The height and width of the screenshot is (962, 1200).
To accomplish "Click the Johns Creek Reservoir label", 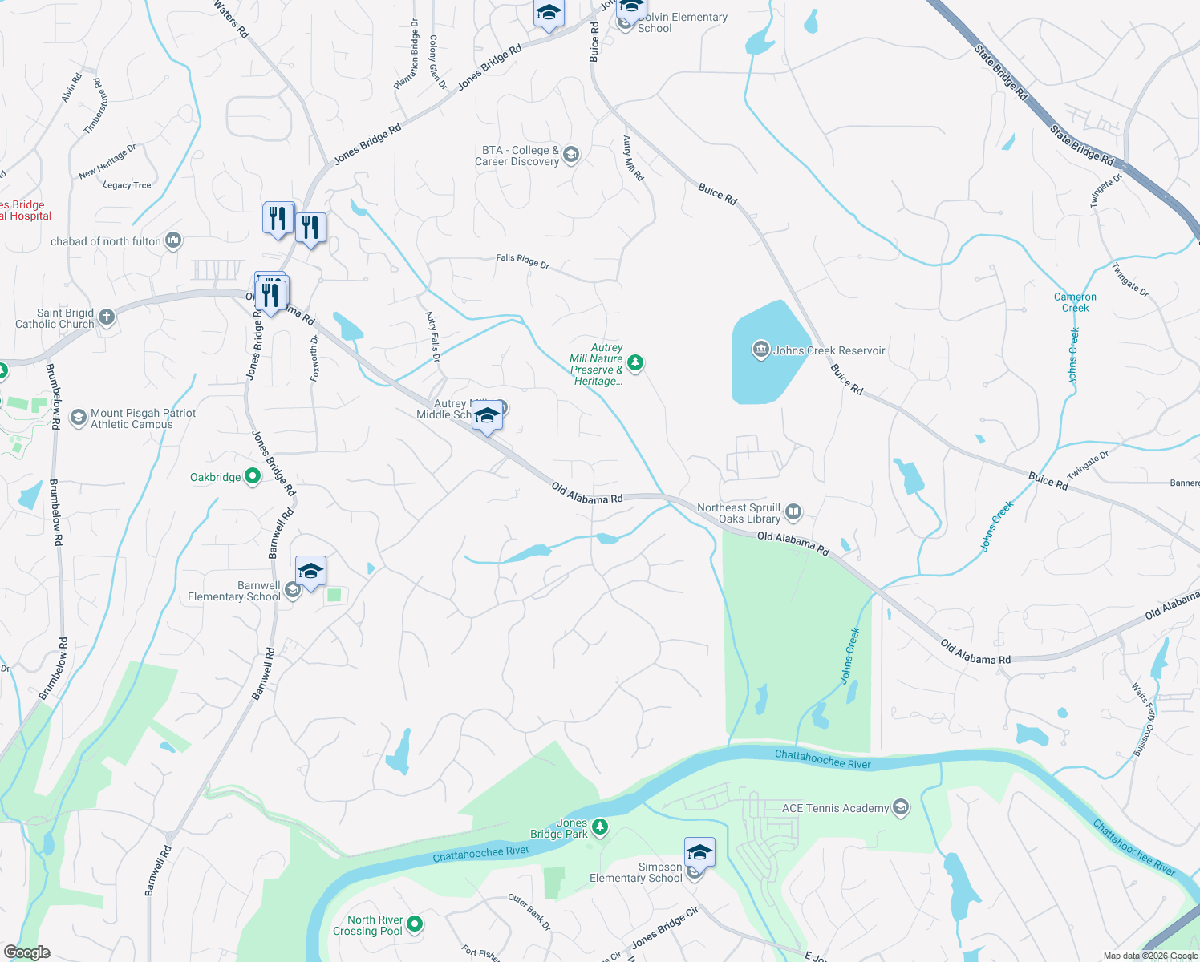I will pyautogui.click(x=829, y=350).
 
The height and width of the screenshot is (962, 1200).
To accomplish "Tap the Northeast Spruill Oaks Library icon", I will pyautogui.click(x=793, y=511).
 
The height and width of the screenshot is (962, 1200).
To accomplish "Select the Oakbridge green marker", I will pyautogui.click(x=252, y=476).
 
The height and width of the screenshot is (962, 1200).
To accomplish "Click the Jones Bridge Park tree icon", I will pyautogui.click(x=600, y=827).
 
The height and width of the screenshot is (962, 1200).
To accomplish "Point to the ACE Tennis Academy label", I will pyautogui.click(x=835, y=808).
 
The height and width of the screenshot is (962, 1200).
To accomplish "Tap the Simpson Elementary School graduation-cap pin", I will pyautogui.click(x=699, y=852).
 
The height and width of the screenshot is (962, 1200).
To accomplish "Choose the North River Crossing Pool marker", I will pyautogui.click(x=415, y=924).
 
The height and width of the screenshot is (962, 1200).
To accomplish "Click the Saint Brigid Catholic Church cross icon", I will pyautogui.click(x=106, y=317).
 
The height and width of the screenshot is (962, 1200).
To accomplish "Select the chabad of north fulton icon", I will pyautogui.click(x=173, y=240).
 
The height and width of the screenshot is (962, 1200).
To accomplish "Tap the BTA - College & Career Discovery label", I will pyautogui.click(x=517, y=156).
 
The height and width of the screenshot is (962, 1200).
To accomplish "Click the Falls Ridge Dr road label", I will pyautogui.click(x=522, y=260).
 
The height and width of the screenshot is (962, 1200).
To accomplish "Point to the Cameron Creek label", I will pyautogui.click(x=1075, y=302).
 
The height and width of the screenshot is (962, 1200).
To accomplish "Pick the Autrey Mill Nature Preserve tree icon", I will pyautogui.click(x=634, y=363).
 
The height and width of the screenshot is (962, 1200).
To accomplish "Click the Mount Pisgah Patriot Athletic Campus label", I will pyautogui.click(x=143, y=418).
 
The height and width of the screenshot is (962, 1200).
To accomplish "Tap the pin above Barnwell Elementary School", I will pyautogui.click(x=310, y=572).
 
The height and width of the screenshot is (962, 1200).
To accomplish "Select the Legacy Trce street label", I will pyautogui.click(x=127, y=185).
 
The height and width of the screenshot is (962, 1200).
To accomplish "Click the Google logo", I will pyautogui.click(x=26, y=952).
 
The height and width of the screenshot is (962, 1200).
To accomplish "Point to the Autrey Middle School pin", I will pyautogui.click(x=487, y=416).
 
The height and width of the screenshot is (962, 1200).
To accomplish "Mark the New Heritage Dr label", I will pyautogui.click(x=107, y=161).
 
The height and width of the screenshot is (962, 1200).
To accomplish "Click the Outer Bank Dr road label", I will pyautogui.click(x=529, y=912).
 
